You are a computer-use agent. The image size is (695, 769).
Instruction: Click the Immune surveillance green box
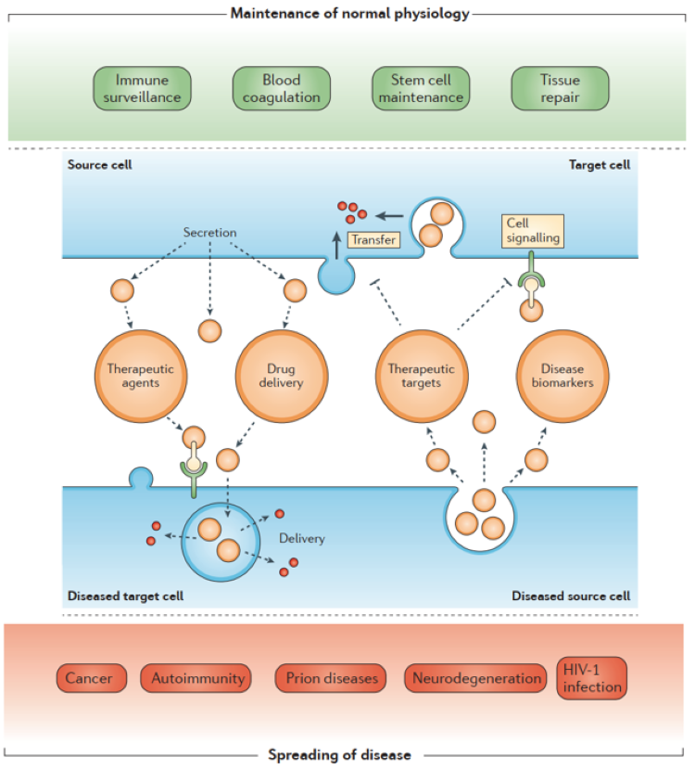[142, 88]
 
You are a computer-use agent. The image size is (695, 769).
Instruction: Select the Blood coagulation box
[281, 88]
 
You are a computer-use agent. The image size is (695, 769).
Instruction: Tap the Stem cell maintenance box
[420, 88]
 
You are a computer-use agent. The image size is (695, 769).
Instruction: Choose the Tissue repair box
[560, 88]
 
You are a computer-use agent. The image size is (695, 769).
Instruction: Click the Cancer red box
[89, 678]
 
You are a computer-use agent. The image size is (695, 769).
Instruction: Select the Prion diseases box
[331, 678]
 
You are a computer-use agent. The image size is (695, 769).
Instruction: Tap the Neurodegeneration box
[475, 678]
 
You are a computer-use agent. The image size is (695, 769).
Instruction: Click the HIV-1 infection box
[591, 678]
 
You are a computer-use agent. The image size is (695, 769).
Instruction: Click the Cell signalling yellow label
[533, 231]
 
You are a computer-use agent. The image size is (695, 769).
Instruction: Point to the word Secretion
[209, 232]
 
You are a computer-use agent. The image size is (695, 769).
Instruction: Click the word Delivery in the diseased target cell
[302, 537]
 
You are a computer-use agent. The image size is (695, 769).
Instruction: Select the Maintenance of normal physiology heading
[347, 13]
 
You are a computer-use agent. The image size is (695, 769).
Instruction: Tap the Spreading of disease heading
[339, 755]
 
